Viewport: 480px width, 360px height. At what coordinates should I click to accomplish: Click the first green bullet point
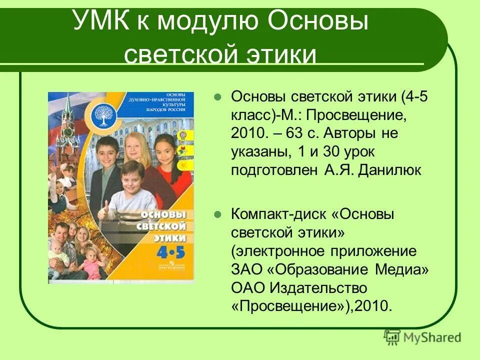point(217,97)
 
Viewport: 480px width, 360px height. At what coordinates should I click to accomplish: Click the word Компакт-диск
point(278,214)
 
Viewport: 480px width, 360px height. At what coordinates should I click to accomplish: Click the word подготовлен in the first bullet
point(272,170)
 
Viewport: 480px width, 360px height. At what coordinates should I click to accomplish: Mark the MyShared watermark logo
point(422,337)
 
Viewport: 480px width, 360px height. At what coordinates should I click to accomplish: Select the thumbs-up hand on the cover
point(104,208)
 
